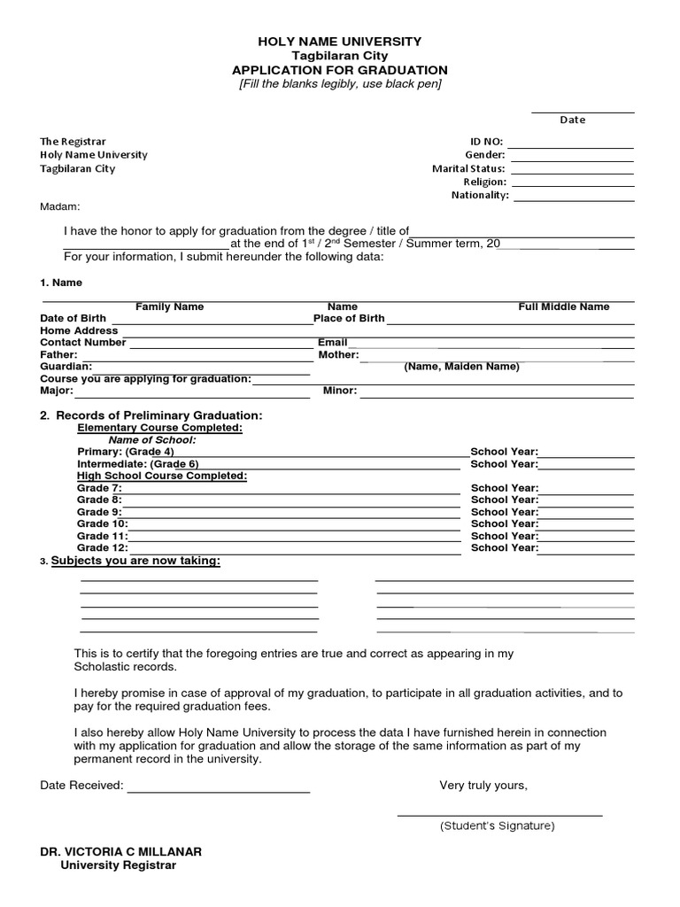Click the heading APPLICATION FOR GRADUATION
point(339,70)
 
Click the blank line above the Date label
point(583,112)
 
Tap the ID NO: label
point(486,141)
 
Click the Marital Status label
point(468,168)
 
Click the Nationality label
point(480,195)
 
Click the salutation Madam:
point(60,206)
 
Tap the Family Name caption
point(169,306)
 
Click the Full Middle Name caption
point(563,306)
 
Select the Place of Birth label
point(349,318)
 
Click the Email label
point(332,342)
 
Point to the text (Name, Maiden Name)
point(461,366)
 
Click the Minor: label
point(340,390)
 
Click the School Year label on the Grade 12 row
point(504,547)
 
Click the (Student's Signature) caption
point(497,826)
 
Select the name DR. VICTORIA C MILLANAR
point(121,851)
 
